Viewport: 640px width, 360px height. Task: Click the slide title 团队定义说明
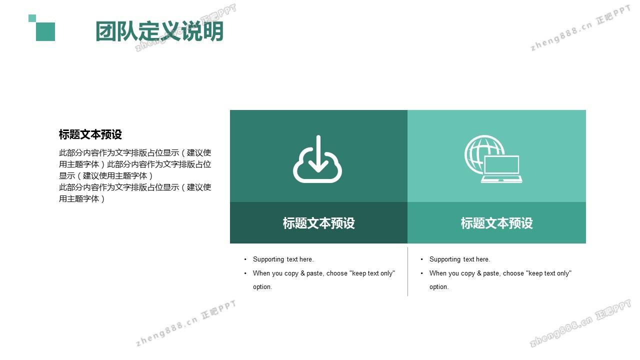[x=159, y=31]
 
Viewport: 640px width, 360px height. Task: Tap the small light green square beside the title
[x=32, y=18]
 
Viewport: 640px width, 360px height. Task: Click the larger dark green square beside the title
[x=45, y=31]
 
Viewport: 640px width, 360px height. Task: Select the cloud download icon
[x=317, y=159]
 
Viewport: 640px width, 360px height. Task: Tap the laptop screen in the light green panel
[x=501, y=165]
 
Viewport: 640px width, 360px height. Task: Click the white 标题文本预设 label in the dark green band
[x=319, y=223]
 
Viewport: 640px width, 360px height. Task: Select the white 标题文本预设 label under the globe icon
[x=497, y=223]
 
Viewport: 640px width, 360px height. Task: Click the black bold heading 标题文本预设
[x=90, y=134]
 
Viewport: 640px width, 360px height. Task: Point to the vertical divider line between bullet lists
[x=407, y=271]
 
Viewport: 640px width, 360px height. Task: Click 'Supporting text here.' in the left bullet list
[x=283, y=259]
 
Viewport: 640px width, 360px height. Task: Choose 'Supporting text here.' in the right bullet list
[x=459, y=259]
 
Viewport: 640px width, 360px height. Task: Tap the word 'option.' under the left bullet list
[x=262, y=287]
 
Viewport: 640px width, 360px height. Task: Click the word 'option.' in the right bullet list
[x=439, y=287]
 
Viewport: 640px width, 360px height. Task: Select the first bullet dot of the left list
[x=245, y=259]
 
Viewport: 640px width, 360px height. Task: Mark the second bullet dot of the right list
[x=421, y=273]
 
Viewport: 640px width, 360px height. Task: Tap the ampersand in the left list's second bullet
[x=302, y=273]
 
